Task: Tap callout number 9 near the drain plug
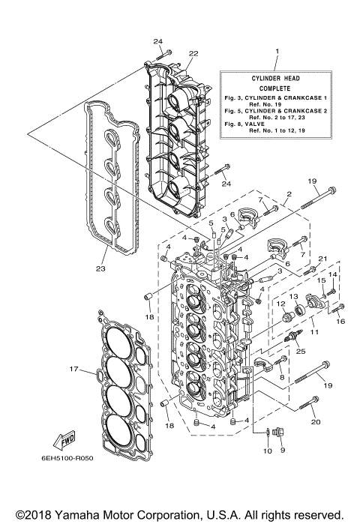tap(283, 451)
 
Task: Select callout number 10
tap(267, 451)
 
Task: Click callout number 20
tap(314, 422)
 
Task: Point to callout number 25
tap(301, 352)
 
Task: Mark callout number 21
tap(322, 259)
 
